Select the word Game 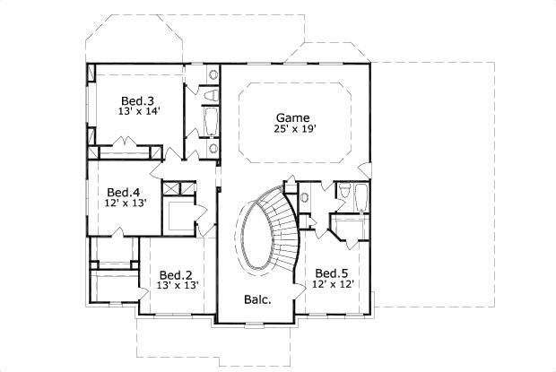[x=292, y=117]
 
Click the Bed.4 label [x=123, y=192]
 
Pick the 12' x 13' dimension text [x=124, y=203]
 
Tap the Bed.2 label [x=176, y=274]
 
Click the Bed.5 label [x=332, y=273]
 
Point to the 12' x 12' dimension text [x=333, y=284]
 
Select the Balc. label [x=257, y=299]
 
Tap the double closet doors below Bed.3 [x=126, y=153]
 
